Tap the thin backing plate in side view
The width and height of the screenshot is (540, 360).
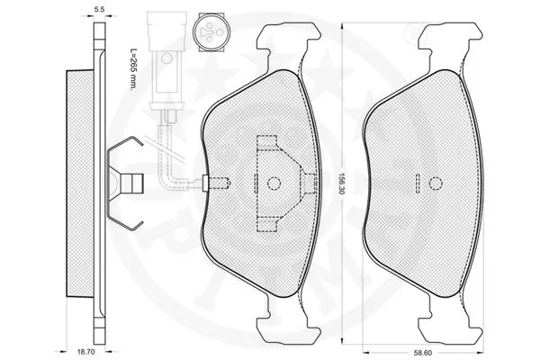(x=95, y=180)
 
